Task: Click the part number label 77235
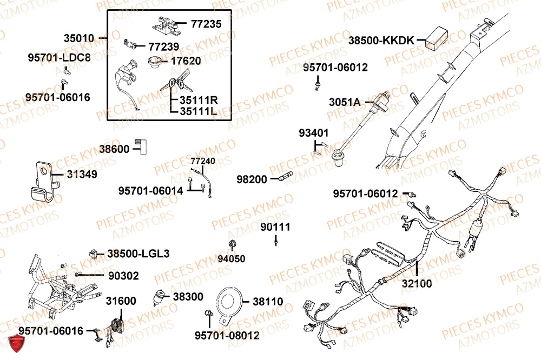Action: point(206,24)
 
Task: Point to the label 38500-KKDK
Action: point(380,40)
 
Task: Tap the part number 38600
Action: point(116,148)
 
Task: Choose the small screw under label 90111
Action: point(275,244)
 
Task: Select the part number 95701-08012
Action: point(227,336)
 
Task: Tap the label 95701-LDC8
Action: point(60,57)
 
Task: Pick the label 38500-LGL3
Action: point(138,253)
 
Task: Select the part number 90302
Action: point(123,276)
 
